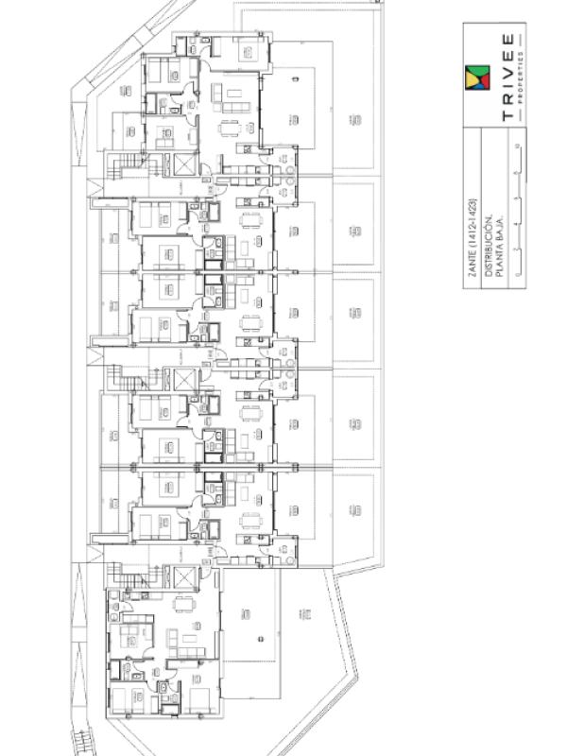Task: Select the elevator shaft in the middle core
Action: [x=181, y=380]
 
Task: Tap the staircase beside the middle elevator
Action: [x=121, y=381]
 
